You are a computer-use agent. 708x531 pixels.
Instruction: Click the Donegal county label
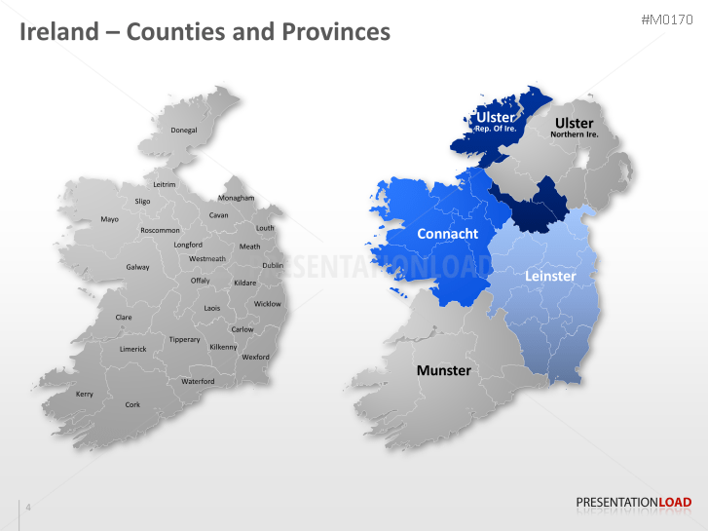(x=183, y=130)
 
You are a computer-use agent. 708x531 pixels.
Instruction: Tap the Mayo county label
(x=109, y=219)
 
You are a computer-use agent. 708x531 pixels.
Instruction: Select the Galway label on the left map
(x=137, y=267)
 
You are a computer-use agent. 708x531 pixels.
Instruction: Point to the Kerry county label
(x=85, y=394)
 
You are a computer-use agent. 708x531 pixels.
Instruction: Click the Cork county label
(x=132, y=404)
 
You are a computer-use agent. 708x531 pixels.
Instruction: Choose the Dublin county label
(x=273, y=265)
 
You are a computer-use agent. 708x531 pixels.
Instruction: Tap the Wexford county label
(x=255, y=357)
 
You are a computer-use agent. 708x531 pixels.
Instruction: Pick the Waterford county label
(x=198, y=381)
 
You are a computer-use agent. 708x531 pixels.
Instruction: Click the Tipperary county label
(x=184, y=339)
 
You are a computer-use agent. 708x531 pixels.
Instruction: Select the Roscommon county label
(x=160, y=230)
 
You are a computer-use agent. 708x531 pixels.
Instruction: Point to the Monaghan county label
(x=236, y=198)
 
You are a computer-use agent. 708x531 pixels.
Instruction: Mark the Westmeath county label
(x=206, y=259)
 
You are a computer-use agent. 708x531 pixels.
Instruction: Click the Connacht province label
(x=447, y=234)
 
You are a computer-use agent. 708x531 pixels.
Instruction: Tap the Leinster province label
(x=550, y=276)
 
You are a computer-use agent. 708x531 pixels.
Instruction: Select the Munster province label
(x=443, y=370)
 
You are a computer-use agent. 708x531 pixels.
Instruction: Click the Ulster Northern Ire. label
(x=574, y=128)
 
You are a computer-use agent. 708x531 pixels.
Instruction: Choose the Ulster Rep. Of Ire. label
(x=495, y=122)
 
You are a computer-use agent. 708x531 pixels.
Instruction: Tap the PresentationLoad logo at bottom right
(x=634, y=503)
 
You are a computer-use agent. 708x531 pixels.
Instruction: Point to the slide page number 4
(x=28, y=507)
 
